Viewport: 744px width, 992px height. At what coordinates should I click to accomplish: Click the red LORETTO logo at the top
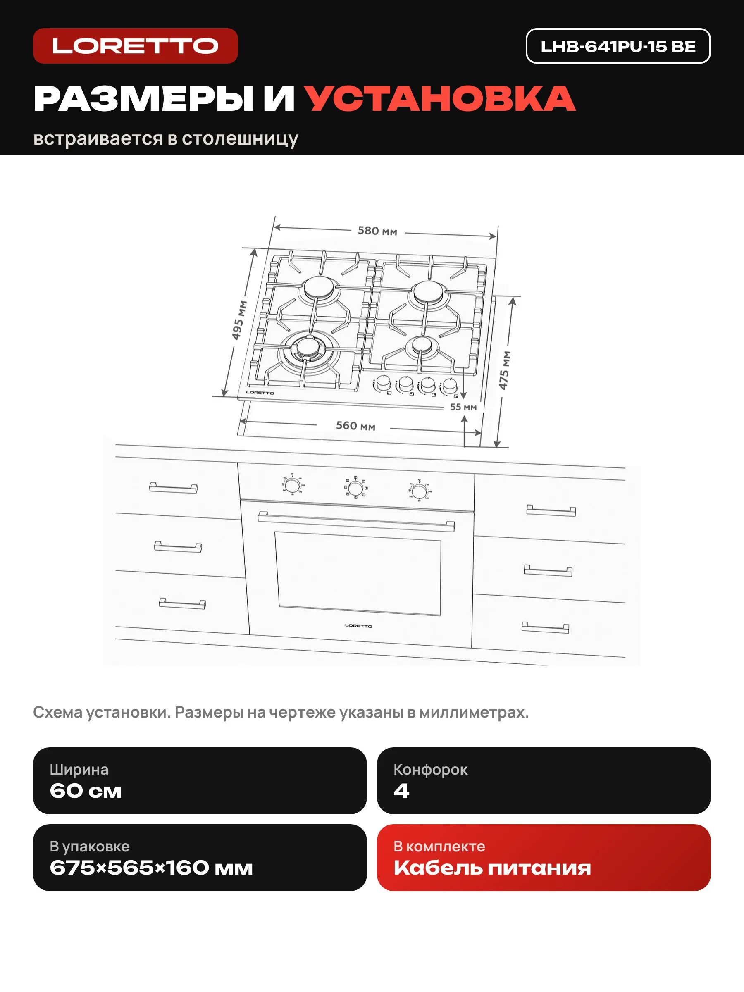pyautogui.click(x=136, y=46)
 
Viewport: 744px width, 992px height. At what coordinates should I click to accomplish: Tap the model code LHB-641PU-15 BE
pyautogui.click(x=618, y=46)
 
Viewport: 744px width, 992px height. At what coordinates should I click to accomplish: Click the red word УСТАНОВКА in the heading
pyautogui.click(x=440, y=98)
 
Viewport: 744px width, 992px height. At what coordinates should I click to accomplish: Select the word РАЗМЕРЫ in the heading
pyautogui.click(x=143, y=98)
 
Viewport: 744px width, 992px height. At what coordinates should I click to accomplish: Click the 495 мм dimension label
pyautogui.click(x=238, y=320)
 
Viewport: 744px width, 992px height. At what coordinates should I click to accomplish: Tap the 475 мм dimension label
pyautogui.click(x=505, y=370)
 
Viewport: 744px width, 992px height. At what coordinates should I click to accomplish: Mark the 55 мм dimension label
pyautogui.click(x=463, y=407)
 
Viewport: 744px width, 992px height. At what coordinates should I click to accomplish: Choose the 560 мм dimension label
pyautogui.click(x=355, y=426)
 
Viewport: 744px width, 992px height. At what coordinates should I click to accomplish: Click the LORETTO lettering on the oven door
pyautogui.click(x=358, y=626)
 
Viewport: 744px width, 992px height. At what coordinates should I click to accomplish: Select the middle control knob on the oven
pyautogui.click(x=355, y=488)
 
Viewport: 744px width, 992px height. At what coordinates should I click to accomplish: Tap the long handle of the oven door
pyautogui.click(x=356, y=522)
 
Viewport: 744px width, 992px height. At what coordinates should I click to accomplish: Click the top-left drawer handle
pyautogui.click(x=173, y=488)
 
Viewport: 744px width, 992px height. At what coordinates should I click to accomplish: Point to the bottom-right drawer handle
pyautogui.click(x=545, y=627)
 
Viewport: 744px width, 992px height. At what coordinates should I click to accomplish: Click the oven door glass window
pyautogui.click(x=358, y=574)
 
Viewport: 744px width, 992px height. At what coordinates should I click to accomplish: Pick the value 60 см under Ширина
pyautogui.click(x=86, y=791)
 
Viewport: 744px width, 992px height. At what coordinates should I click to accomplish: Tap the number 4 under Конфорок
pyautogui.click(x=401, y=791)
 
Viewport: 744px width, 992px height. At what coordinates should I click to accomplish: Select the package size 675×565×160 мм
pyautogui.click(x=151, y=868)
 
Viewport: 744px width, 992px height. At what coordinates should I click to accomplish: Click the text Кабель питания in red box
pyautogui.click(x=492, y=868)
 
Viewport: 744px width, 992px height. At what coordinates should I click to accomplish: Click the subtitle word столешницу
pyautogui.click(x=239, y=139)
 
